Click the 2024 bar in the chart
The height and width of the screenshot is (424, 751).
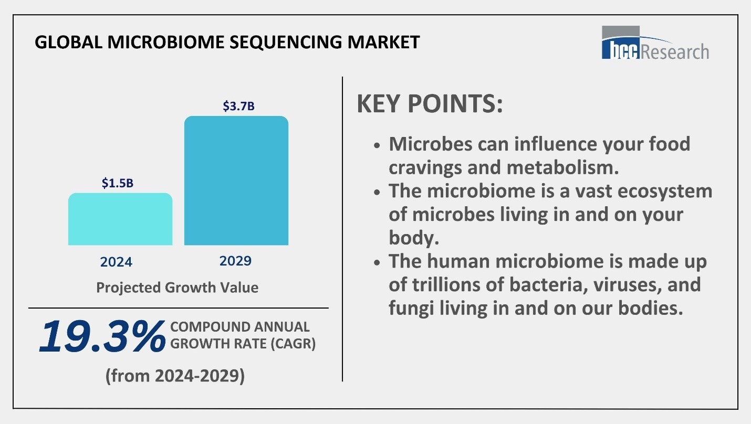coord(120,219)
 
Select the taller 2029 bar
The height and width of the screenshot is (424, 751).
coord(236,181)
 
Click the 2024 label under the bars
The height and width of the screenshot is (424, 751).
coord(116,261)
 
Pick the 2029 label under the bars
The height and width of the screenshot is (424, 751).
coord(235,261)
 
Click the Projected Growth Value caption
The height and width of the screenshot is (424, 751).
coord(177,288)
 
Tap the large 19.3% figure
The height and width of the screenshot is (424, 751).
coord(101,336)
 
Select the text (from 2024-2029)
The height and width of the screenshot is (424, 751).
coord(175,376)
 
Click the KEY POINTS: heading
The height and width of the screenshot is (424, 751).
coord(430,104)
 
